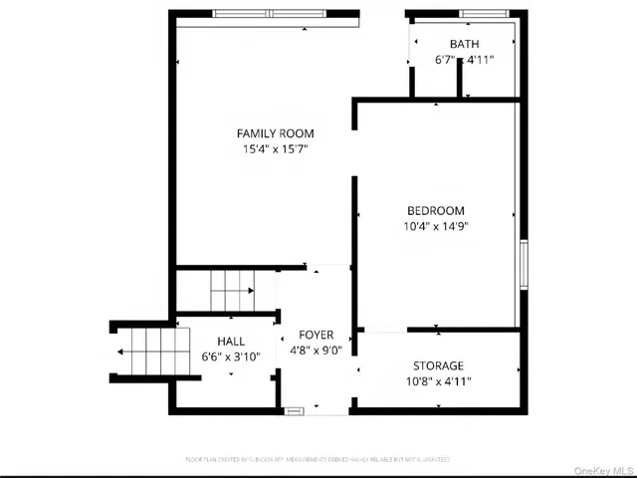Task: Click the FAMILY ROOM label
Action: [275, 133]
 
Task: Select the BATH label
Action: [464, 44]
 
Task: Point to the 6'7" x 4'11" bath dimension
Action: [464, 60]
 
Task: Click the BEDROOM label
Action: [436, 210]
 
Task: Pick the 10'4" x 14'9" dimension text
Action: [436, 226]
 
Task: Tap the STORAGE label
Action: [439, 365]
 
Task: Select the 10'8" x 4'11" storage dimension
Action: [439, 381]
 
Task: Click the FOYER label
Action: [316, 335]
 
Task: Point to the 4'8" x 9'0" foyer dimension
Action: [316, 351]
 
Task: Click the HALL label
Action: [231, 341]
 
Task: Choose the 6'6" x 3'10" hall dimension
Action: [231, 357]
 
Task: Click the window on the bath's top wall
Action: [483, 14]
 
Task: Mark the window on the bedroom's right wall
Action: [522, 263]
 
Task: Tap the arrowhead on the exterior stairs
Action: [119, 352]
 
